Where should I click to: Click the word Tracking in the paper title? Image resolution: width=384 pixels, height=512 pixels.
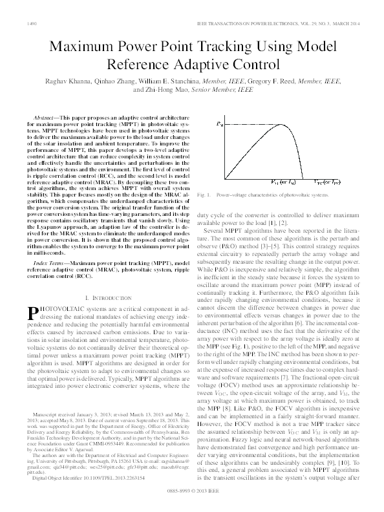click(x=214, y=47)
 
